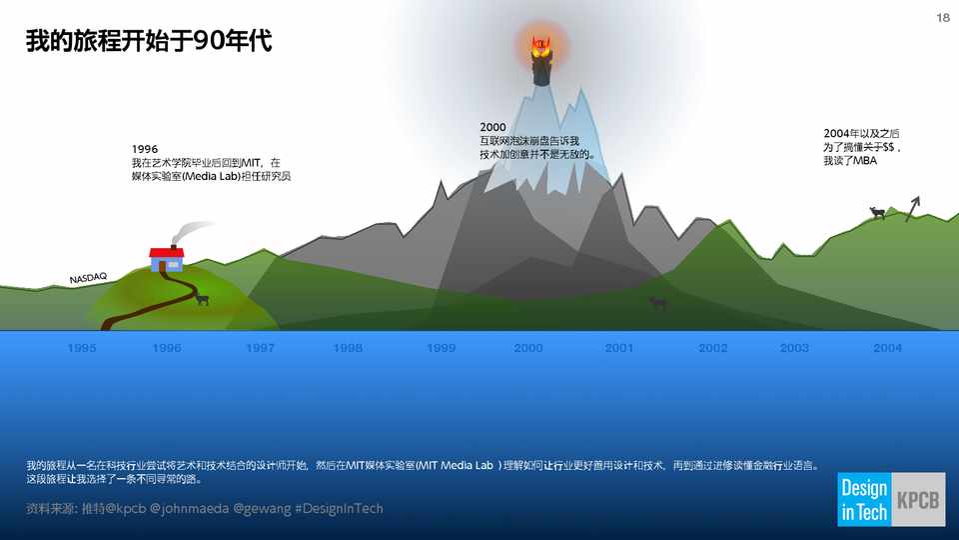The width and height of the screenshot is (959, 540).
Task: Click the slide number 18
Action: coord(942,18)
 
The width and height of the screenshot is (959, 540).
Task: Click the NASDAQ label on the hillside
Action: coord(88,278)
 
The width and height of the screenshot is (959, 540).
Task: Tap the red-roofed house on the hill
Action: coord(167,258)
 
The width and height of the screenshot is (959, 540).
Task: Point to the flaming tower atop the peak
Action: coord(541,60)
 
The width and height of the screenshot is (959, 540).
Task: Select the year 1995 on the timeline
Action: coord(82,348)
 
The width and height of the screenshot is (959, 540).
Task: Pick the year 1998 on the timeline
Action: coord(348,348)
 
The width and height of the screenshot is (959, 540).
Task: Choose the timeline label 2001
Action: coord(619,348)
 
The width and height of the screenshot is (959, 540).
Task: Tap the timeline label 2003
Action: coord(794,348)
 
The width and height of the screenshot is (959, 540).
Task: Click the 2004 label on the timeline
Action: coord(887,348)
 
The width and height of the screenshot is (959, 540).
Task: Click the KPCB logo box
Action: coord(918,500)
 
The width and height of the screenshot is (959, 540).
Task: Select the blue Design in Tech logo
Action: coord(864,500)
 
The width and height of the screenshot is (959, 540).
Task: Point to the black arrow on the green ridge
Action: coord(912,208)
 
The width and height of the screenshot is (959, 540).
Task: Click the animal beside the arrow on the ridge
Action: coord(878,212)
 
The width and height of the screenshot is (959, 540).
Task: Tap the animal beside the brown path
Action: coord(202,299)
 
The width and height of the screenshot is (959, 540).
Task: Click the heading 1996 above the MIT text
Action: coord(144,149)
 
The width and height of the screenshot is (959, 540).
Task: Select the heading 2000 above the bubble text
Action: coord(492,127)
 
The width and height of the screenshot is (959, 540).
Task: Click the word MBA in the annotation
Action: coord(865,160)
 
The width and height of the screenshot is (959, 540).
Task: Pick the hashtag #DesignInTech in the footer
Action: coord(339,508)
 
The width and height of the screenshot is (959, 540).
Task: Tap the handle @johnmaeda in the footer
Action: coord(189,508)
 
